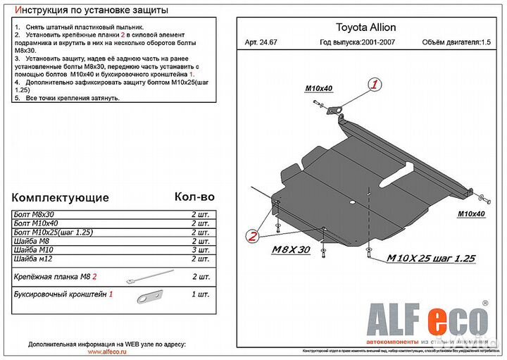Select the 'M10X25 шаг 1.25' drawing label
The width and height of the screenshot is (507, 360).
coord(430,259)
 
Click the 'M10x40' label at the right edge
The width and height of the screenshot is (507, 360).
coord(472,213)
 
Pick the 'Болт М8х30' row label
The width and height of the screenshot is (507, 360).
coord(34,214)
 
